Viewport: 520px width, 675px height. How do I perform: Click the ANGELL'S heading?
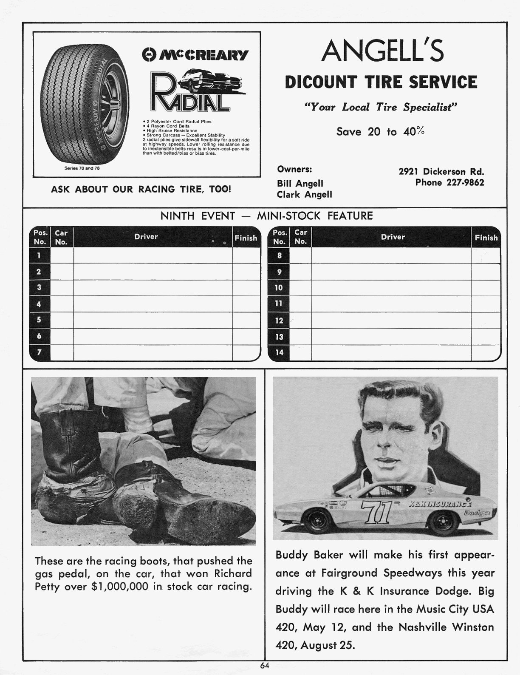pyautogui.click(x=382, y=51)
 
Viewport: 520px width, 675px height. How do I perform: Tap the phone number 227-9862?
pyautogui.click(x=449, y=182)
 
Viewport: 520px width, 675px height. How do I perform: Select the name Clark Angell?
pyautogui.click(x=304, y=194)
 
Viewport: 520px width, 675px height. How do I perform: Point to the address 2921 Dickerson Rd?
pyautogui.click(x=441, y=172)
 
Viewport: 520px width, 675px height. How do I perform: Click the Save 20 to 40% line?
pyautogui.click(x=380, y=131)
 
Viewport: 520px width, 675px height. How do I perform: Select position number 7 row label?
pyautogui.click(x=39, y=352)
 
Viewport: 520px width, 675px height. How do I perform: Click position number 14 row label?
pyautogui.click(x=279, y=352)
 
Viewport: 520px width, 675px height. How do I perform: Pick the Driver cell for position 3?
pyautogui.click(x=153, y=288)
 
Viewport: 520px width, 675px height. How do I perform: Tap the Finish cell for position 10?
pyautogui.click(x=486, y=288)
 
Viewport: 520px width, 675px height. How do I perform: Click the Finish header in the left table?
pyautogui.click(x=246, y=238)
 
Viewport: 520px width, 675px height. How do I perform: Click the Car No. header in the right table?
pyautogui.click(x=300, y=237)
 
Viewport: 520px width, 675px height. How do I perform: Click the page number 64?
pyautogui.click(x=265, y=666)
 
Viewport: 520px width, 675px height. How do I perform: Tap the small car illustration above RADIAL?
pyautogui.click(x=211, y=80)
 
